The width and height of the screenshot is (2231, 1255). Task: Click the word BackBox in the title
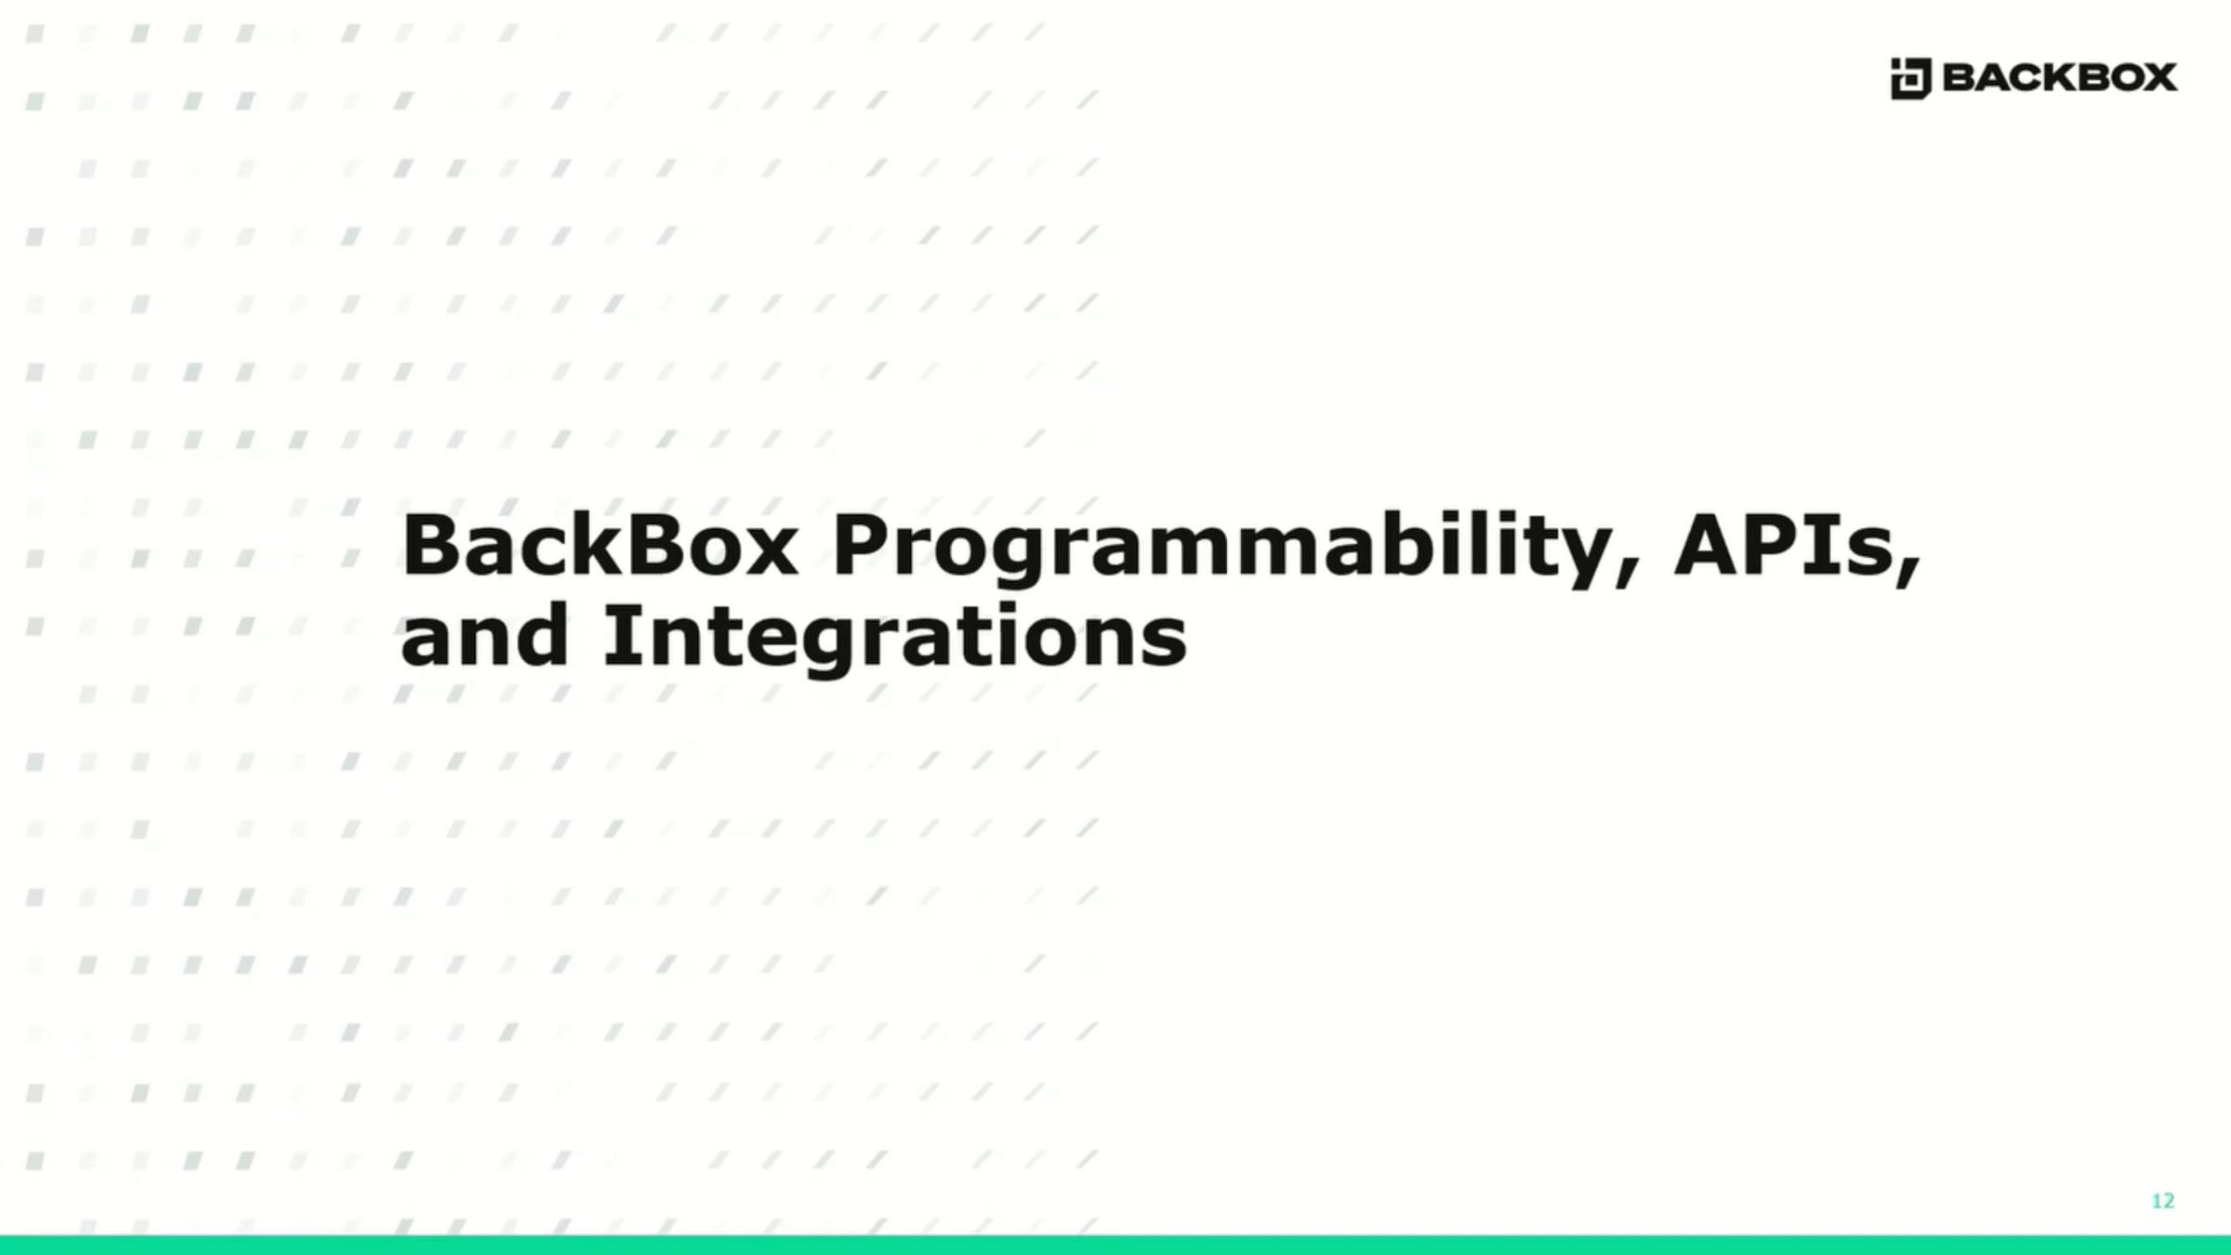coord(600,546)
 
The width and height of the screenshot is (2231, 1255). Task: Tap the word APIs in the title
coord(1784,546)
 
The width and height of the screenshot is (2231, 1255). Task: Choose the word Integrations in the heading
coord(895,640)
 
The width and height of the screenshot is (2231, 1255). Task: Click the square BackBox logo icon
coord(1910,78)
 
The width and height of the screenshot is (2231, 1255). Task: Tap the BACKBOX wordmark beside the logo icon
coord(2059,77)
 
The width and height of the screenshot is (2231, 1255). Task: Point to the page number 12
coord(2163,1201)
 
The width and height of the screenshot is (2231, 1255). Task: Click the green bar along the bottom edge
coord(1115,1246)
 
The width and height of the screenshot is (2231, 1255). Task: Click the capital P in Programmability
coord(860,546)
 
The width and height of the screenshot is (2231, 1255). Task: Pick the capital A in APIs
coord(1710,546)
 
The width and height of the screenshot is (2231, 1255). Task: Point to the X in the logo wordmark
coord(2157,77)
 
